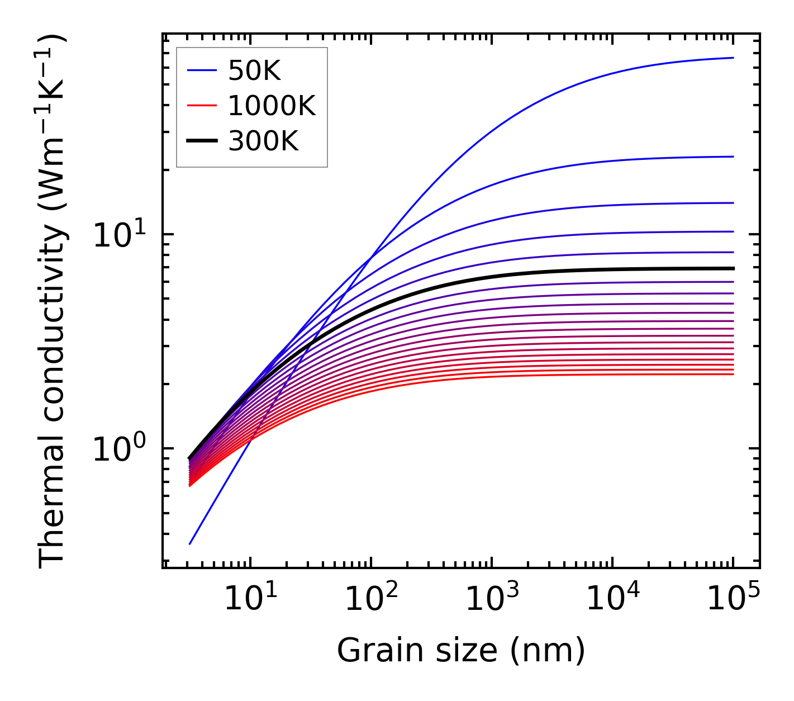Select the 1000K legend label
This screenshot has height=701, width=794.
(272, 106)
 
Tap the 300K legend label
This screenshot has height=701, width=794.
(263, 141)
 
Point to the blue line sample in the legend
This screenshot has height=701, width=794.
(201, 70)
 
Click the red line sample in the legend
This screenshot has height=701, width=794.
(201, 106)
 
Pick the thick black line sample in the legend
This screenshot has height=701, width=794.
(201, 141)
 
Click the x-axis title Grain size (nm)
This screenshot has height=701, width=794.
(461, 651)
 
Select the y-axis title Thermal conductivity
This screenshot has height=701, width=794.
(53, 301)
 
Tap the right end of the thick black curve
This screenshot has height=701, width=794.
(733, 268)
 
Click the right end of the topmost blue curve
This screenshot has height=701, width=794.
(733, 58)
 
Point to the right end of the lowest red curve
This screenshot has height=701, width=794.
(733, 374)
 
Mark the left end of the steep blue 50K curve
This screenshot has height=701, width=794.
(190, 544)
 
